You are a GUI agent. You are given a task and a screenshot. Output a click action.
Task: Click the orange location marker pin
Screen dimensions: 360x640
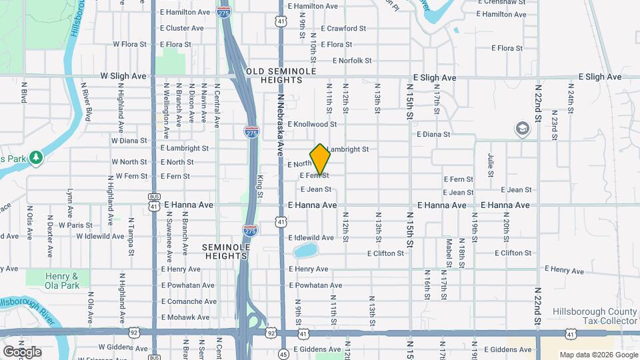[320, 160]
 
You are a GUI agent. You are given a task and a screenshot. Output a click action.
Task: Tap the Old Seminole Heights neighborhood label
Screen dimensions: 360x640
[274, 75]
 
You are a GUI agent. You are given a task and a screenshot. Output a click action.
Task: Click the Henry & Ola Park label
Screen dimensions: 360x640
[62, 281]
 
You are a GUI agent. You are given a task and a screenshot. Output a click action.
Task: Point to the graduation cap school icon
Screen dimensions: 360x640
[523, 129]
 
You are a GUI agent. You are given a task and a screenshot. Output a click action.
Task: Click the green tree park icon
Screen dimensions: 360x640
[36, 158]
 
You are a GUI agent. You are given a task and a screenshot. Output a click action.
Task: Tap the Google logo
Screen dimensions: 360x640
[22, 351]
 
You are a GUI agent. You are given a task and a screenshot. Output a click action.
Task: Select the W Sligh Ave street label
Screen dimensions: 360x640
[123, 77]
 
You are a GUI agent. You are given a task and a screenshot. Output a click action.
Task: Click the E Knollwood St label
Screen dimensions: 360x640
[312, 124]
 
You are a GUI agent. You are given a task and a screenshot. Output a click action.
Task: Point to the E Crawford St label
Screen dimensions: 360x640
[343, 29]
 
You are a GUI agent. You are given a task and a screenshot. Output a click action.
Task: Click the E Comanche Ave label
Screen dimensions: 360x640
[189, 301]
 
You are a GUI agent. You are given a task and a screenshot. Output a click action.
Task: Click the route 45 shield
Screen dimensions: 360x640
[283, 353]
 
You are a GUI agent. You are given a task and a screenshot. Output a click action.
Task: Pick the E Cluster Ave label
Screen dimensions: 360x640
[182, 29]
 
